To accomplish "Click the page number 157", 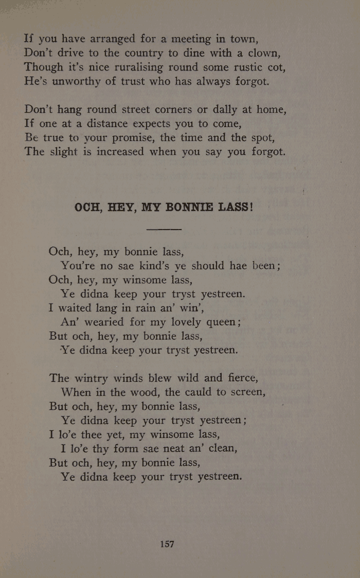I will coord(167,544).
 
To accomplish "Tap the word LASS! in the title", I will coord(236,207).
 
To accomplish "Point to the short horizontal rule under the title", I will coord(164,229).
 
